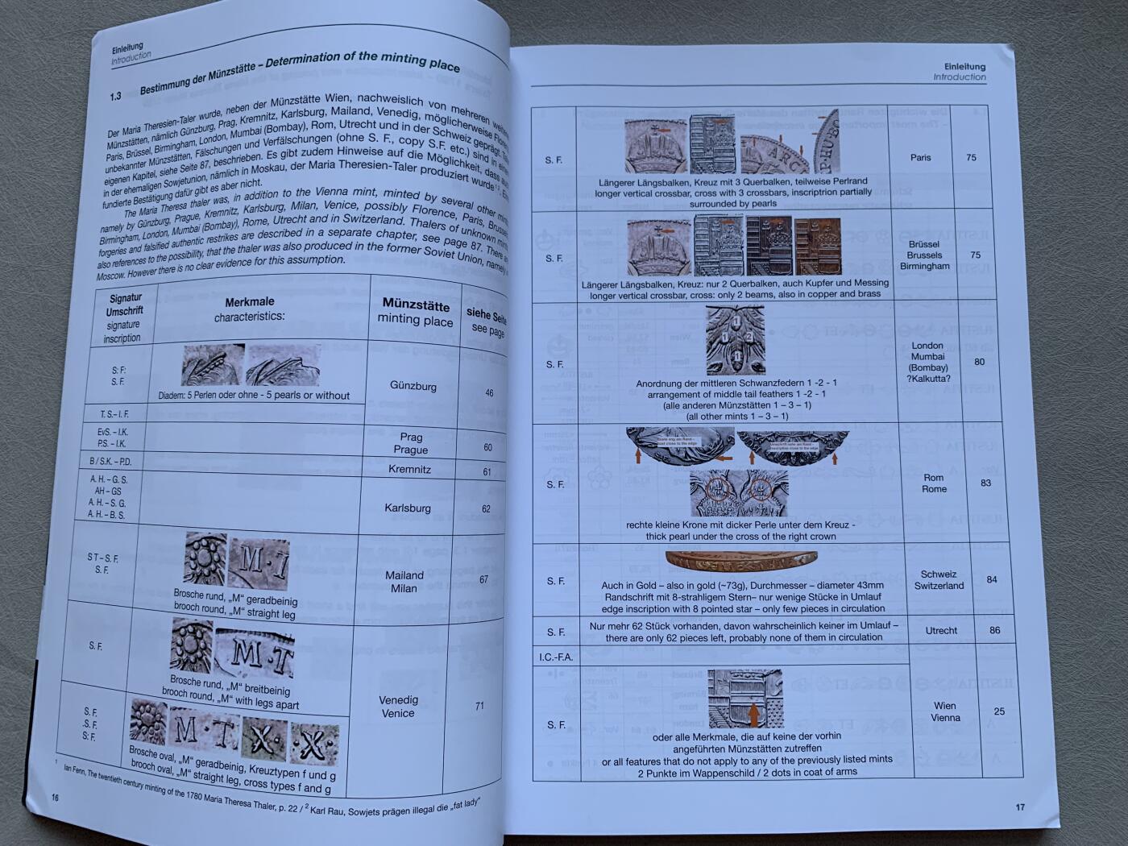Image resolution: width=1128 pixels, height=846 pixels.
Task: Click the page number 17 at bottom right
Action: click(1019, 807)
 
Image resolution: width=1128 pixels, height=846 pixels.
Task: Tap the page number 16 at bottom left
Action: click(55, 798)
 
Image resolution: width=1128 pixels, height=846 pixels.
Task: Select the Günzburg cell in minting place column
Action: click(413, 386)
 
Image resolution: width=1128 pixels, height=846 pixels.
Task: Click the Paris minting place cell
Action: click(920, 157)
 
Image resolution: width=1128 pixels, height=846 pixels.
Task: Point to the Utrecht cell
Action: click(940, 631)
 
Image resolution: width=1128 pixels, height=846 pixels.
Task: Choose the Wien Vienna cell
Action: click(945, 711)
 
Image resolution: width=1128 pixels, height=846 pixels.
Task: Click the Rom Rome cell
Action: click(934, 483)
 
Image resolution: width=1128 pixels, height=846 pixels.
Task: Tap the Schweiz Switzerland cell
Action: click(939, 580)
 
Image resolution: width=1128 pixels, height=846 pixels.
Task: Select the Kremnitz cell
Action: click(409, 469)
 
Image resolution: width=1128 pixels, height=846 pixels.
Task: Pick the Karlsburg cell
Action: click(407, 508)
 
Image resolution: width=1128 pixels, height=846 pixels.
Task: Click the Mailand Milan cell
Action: click(404, 582)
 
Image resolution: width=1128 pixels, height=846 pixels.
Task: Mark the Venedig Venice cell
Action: click(398, 707)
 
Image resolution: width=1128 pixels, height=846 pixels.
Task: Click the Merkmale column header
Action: click(249, 309)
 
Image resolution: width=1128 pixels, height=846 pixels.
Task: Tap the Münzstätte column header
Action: click(416, 312)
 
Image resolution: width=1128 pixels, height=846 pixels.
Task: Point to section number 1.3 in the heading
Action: click(115, 97)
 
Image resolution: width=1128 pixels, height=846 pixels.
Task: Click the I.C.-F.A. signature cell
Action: click(555, 657)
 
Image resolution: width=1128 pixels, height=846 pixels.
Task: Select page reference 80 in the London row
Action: click(979, 362)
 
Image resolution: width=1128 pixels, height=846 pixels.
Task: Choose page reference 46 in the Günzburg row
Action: click(488, 392)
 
